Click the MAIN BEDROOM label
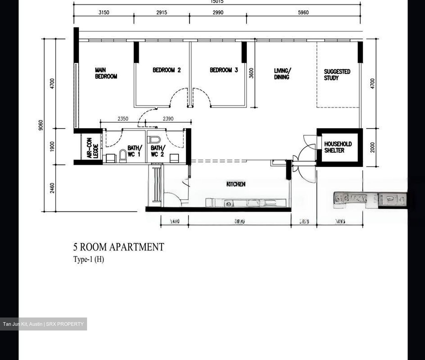(106, 73)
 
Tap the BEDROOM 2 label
(166, 70)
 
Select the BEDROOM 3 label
(224, 70)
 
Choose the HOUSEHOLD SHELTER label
(338, 147)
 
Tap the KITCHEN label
(236, 184)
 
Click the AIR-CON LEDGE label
(92, 148)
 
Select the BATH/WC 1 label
(135, 151)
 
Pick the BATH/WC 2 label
(158, 151)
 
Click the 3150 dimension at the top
(104, 12)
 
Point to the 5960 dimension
(303, 12)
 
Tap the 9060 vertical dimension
(41, 125)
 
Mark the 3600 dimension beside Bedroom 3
(251, 73)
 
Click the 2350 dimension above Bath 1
(123, 119)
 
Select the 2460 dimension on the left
(52, 188)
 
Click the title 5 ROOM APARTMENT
(118, 247)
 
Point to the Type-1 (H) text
(89, 259)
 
